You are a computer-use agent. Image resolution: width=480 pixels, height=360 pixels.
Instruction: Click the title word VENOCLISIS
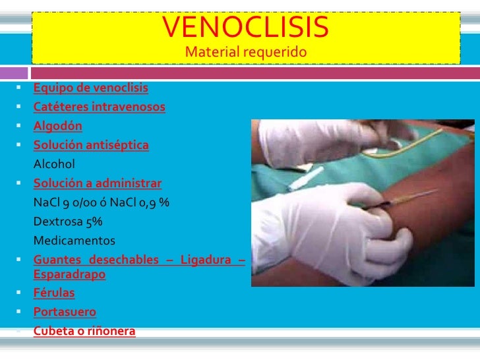(x=245, y=28)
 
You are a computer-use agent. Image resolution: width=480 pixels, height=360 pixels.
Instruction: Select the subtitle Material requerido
(x=246, y=52)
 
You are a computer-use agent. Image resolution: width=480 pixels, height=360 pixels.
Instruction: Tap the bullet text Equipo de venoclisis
(x=91, y=88)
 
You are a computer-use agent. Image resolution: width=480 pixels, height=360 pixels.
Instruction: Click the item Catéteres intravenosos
(x=100, y=107)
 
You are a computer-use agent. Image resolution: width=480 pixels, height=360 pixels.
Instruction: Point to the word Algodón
(x=58, y=126)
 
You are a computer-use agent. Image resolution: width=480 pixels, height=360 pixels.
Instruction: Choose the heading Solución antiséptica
(x=91, y=145)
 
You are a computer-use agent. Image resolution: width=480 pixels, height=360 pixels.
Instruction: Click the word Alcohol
(x=55, y=164)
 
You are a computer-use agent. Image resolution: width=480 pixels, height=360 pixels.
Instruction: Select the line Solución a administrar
(x=97, y=183)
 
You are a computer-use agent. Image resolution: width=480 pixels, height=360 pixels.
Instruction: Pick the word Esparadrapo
(x=69, y=274)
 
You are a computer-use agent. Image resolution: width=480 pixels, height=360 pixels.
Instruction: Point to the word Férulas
(x=54, y=293)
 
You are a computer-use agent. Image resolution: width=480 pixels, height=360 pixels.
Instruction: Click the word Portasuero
(x=65, y=312)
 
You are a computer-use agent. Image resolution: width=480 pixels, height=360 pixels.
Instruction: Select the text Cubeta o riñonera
(x=84, y=331)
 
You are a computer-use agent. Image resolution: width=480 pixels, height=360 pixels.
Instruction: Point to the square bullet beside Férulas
(x=22, y=293)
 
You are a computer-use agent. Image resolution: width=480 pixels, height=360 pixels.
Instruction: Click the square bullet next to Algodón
(x=22, y=126)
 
